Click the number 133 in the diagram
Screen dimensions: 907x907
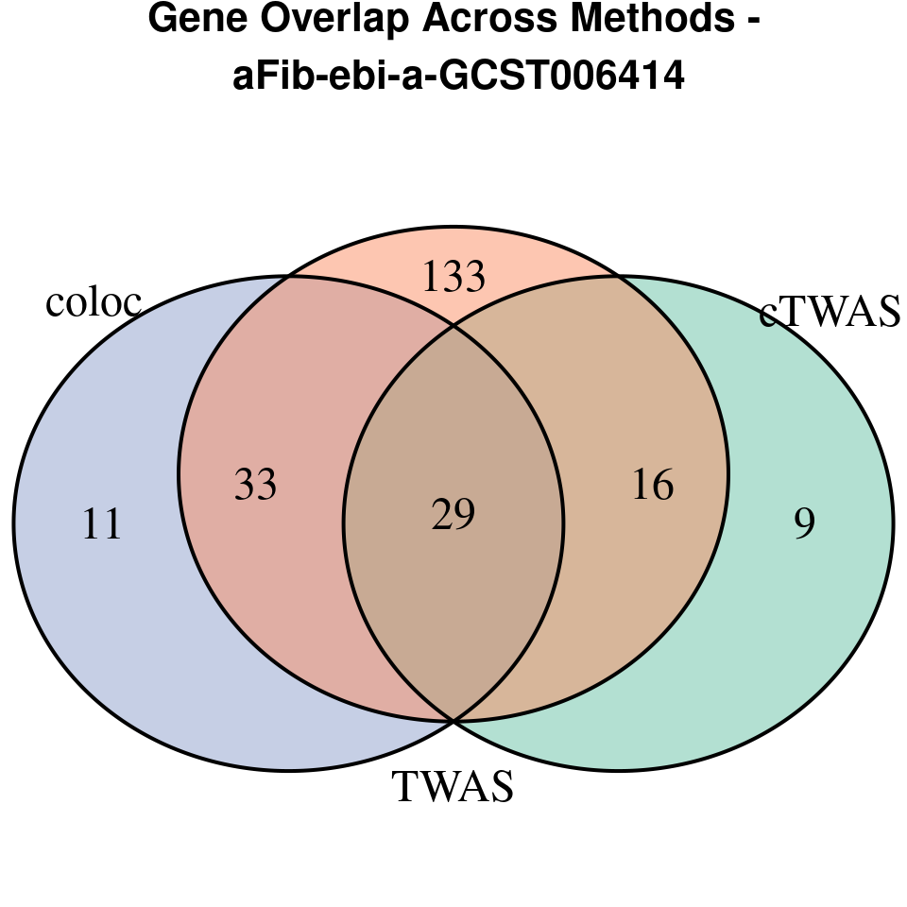453,278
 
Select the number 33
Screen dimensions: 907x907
255,485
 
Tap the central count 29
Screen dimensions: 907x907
453,516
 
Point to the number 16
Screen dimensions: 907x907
652,485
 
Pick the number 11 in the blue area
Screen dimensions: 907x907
102,523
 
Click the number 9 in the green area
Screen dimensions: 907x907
804,523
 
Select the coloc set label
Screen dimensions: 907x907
94,302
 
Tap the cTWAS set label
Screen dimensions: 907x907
830,313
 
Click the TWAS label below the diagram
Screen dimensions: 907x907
453,786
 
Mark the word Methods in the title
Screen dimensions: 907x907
649,20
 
